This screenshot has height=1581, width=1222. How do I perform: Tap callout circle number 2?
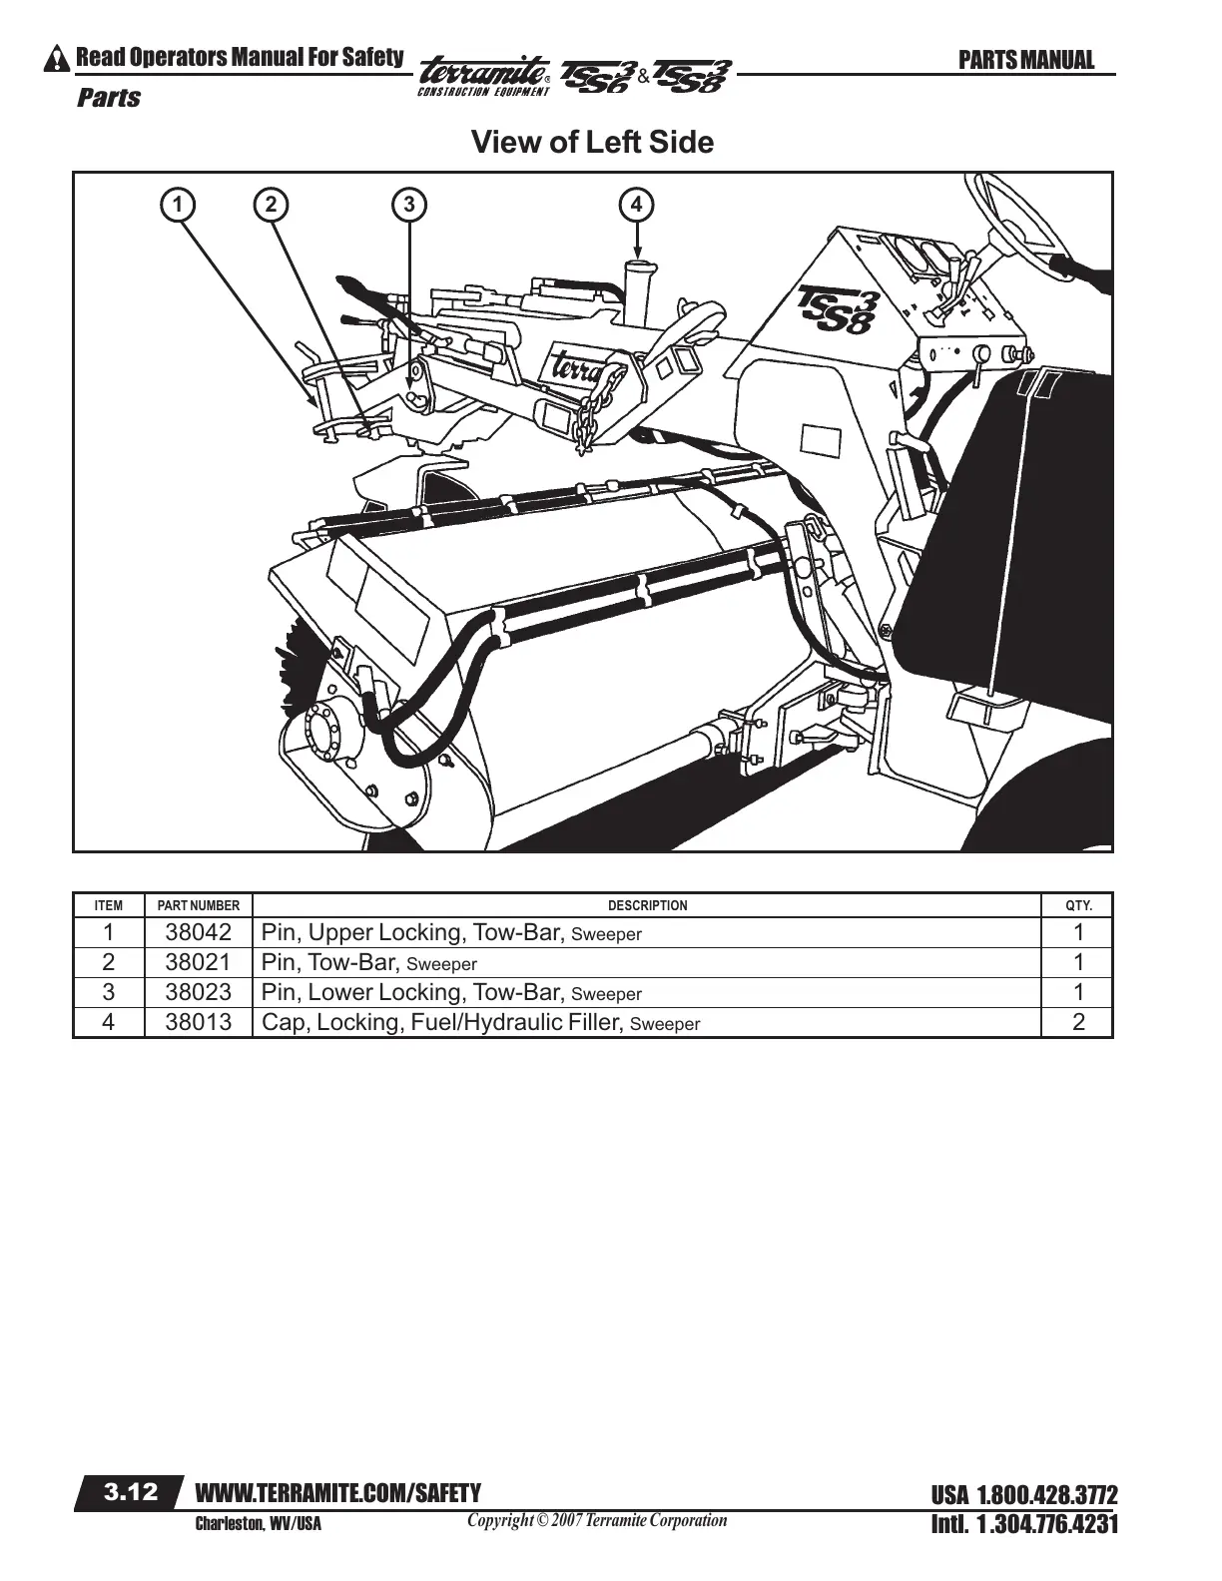pos(270,205)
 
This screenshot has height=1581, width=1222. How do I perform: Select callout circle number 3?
pos(408,205)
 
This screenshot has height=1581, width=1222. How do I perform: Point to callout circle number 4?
pos(637,205)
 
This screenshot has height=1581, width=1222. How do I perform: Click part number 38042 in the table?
pos(198,933)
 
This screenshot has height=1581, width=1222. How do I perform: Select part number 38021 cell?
pos(198,963)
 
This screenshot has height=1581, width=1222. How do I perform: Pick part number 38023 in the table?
pos(198,993)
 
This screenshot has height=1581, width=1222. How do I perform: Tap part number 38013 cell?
pos(198,1023)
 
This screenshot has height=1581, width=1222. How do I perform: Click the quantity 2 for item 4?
pos(1078,1023)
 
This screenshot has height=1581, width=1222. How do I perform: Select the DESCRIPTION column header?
pos(647,906)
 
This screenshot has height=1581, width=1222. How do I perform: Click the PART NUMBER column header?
pos(199,906)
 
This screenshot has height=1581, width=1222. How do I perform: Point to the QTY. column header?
pos(1078,906)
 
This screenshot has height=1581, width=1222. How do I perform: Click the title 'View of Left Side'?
pos(592,143)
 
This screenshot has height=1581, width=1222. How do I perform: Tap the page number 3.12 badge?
pos(131,1492)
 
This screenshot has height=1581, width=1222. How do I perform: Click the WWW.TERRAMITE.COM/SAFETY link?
pos(338,1493)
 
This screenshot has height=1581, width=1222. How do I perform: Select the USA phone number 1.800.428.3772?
pos(1023,1496)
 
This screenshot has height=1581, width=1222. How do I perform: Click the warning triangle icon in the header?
pos(60,60)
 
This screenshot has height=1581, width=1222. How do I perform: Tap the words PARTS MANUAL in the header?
pos(1025,61)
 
